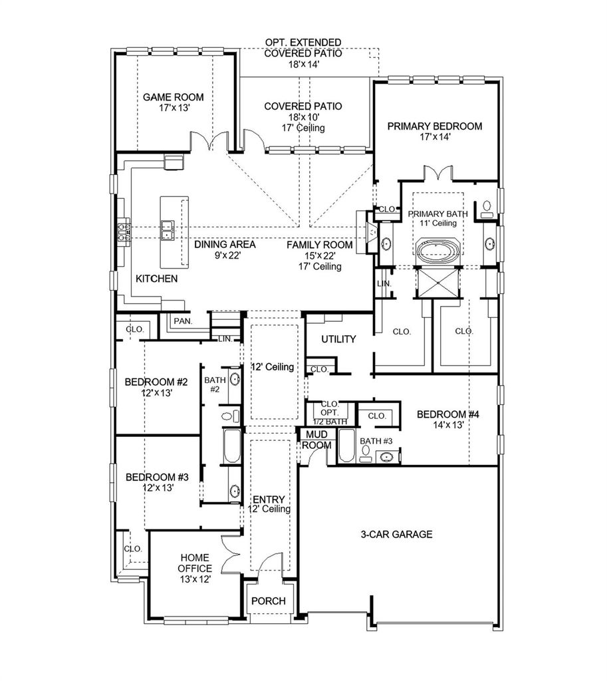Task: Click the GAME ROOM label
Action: pyautogui.click(x=174, y=97)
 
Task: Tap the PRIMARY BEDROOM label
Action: pyautogui.click(x=435, y=126)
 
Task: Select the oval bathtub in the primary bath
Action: pyautogui.click(x=437, y=251)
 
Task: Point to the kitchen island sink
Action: pyautogui.click(x=167, y=230)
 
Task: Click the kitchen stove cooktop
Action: pyautogui.click(x=124, y=231)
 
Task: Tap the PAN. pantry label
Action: pyautogui.click(x=183, y=321)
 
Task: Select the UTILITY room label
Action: pyautogui.click(x=338, y=339)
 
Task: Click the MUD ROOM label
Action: pyautogui.click(x=317, y=440)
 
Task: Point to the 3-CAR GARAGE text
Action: pyautogui.click(x=396, y=534)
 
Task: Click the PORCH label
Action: pyautogui.click(x=269, y=601)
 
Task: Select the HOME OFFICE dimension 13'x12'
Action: pyautogui.click(x=195, y=579)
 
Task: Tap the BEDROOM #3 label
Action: pyautogui.click(x=157, y=477)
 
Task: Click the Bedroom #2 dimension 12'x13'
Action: pyautogui.click(x=157, y=393)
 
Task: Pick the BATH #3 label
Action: pyautogui.click(x=376, y=442)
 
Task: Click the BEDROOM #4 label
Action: pyautogui.click(x=447, y=414)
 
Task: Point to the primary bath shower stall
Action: pyautogui.click(x=437, y=283)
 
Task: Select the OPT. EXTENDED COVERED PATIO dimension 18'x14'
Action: pyautogui.click(x=304, y=65)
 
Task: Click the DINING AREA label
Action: pyautogui.click(x=225, y=245)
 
